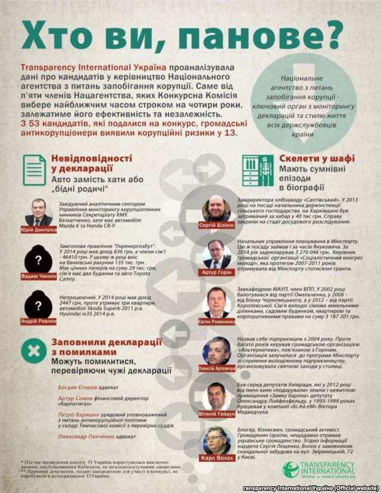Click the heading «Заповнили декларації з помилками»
point(107,348)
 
